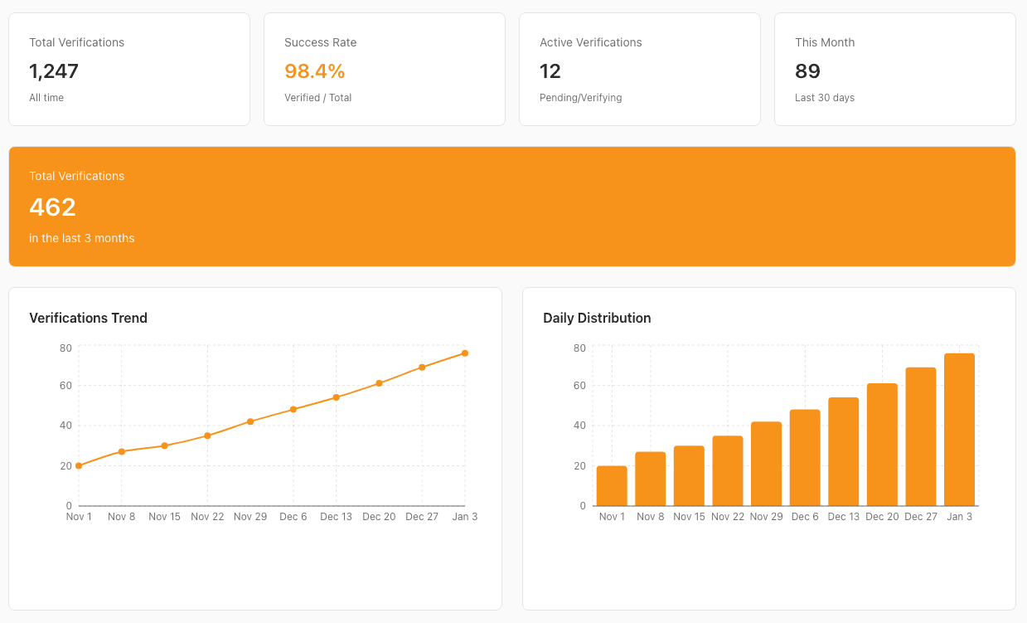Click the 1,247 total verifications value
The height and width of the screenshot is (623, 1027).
54,71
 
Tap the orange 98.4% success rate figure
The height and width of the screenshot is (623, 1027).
314,71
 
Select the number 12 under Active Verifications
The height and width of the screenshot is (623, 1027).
550,71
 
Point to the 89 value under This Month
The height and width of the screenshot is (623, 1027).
807,71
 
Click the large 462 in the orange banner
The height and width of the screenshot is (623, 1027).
52,207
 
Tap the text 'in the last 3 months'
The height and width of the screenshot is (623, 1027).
81,238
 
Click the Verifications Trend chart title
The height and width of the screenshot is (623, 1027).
88,318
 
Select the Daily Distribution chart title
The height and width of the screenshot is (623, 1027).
597,318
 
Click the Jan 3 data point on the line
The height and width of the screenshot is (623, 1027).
465,353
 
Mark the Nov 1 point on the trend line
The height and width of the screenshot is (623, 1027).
79,465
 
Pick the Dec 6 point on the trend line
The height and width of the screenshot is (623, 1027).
293,409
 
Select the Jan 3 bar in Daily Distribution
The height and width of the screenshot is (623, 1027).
959,430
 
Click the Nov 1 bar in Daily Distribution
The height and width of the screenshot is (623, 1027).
612,486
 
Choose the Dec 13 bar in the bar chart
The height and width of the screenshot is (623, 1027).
843,452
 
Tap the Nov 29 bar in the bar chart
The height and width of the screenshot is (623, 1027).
766,464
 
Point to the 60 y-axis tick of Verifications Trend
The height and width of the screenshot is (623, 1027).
65,386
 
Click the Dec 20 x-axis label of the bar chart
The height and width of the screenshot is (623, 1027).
882,517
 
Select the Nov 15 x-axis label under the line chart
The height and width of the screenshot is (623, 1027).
164,517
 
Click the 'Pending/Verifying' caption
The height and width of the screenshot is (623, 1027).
580,98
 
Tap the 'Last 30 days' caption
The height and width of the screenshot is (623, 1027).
825,98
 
